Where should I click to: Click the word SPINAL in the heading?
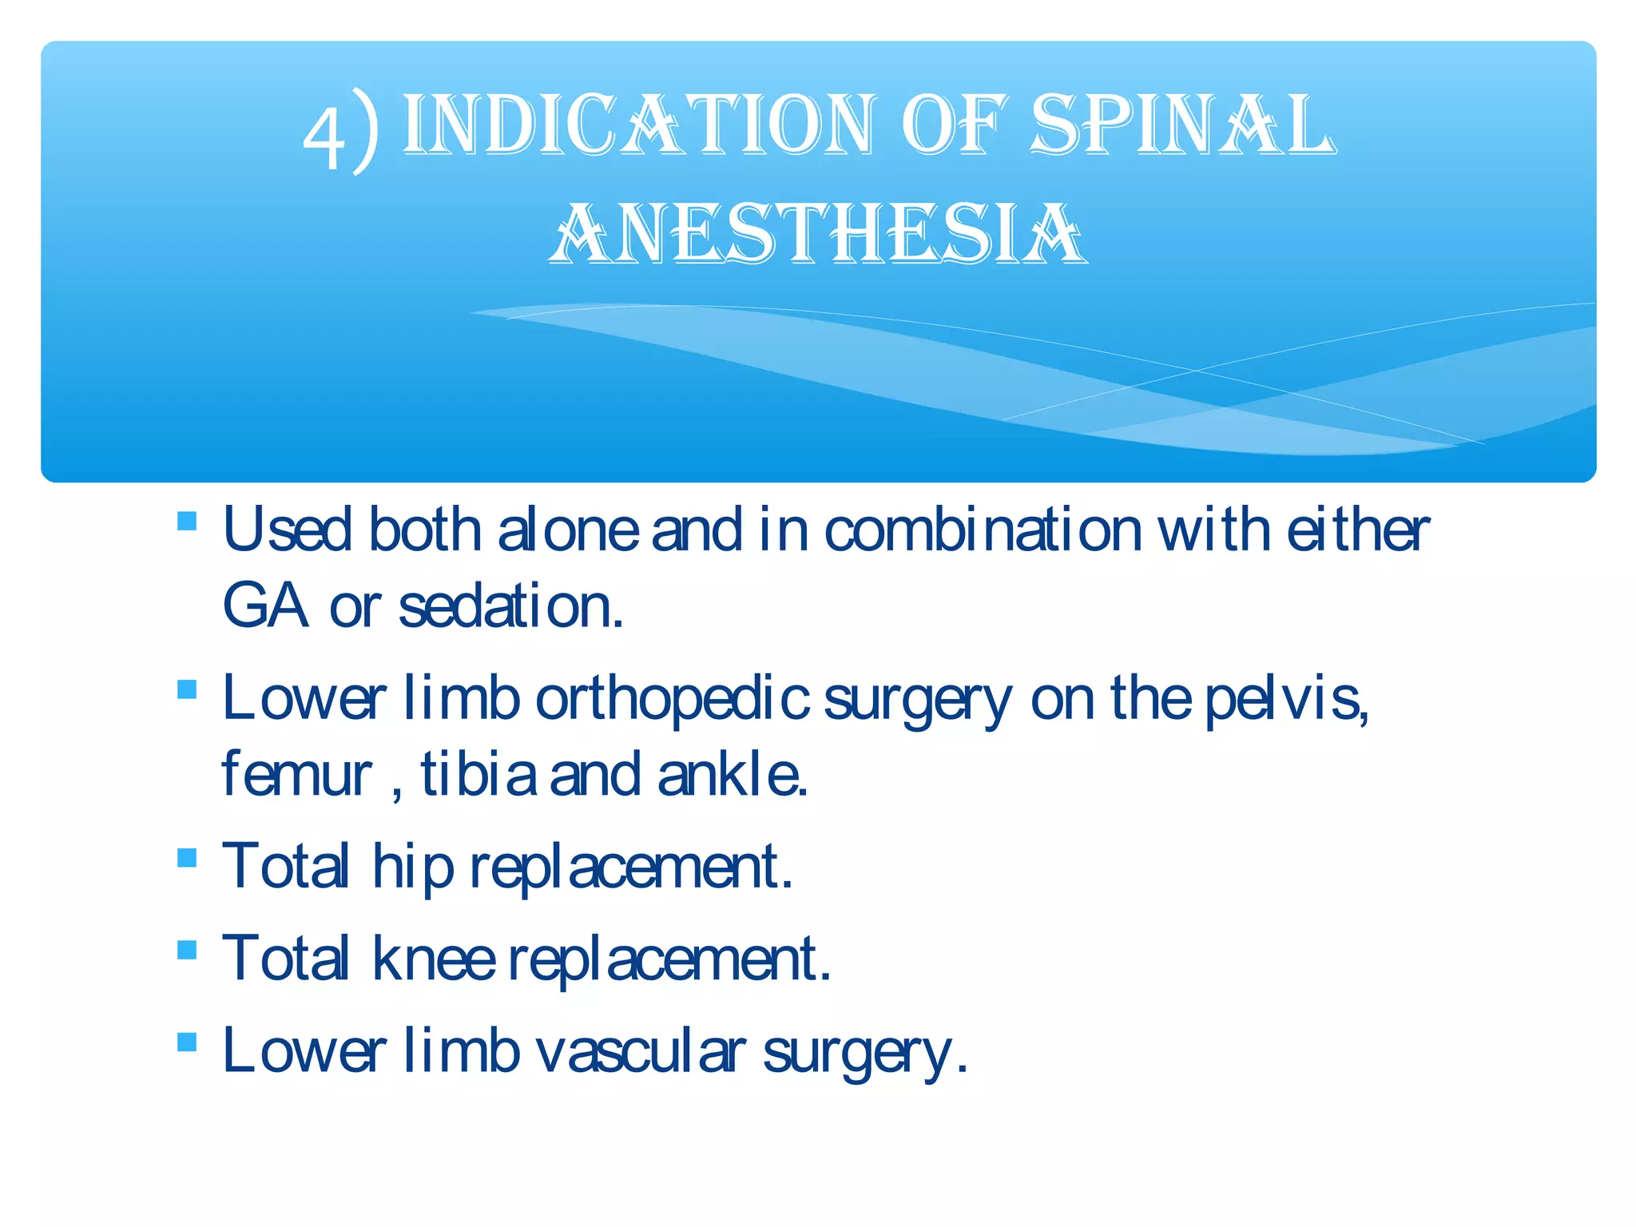click(x=1182, y=125)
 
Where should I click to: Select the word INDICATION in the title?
click(x=639, y=125)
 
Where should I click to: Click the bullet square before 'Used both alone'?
click(x=187, y=522)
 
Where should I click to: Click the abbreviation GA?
click(x=264, y=606)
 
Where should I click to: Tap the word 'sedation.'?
click(x=511, y=606)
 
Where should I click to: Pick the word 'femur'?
click(x=296, y=774)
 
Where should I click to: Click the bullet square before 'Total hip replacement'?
click(x=187, y=858)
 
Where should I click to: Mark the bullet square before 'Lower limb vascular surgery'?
click(x=187, y=1042)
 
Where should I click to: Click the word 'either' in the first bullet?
click(x=1357, y=530)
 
